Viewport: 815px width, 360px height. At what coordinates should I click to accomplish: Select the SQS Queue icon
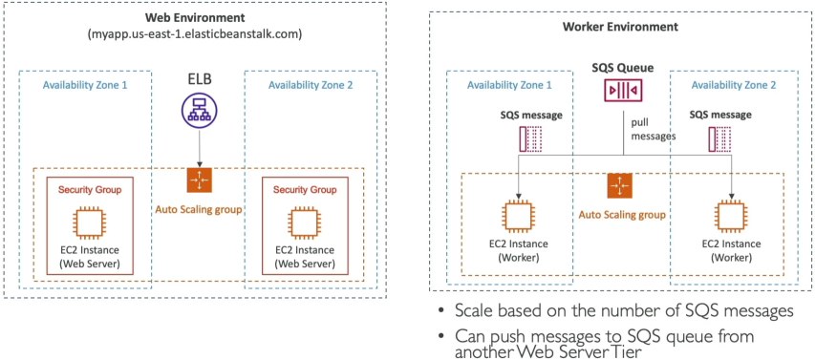(623, 91)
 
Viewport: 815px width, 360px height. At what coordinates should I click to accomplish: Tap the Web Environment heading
(194, 17)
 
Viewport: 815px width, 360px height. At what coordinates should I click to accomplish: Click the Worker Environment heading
(621, 27)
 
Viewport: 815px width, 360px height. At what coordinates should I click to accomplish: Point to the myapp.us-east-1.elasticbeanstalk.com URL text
(194, 35)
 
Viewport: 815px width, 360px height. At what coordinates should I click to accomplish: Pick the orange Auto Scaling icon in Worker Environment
(619, 186)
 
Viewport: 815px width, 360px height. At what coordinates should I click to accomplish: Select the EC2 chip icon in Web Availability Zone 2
(305, 222)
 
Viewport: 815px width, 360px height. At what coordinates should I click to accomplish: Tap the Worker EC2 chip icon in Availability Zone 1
(518, 217)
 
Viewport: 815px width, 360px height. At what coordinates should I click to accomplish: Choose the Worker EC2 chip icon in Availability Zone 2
(732, 217)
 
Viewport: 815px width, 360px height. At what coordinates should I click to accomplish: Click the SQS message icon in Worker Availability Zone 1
(530, 139)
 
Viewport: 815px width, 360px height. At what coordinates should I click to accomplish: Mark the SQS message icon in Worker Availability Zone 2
(720, 139)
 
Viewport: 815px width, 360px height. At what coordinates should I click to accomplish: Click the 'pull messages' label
(653, 130)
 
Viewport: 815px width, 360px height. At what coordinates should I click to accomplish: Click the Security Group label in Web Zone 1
(90, 190)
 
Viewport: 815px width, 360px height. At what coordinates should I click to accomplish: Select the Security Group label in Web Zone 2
(305, 190)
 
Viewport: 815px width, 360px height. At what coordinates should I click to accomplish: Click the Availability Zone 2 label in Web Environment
(311, 85)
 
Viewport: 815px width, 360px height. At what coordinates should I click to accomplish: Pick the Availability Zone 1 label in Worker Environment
(509, 85)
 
